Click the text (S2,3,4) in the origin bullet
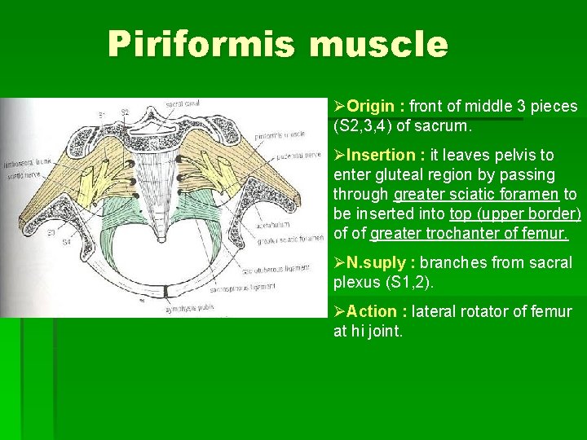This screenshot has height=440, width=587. pos(364,127)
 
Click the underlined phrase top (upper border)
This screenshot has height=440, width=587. pos(514,214)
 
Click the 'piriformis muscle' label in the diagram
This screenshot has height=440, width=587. pos(280,133)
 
